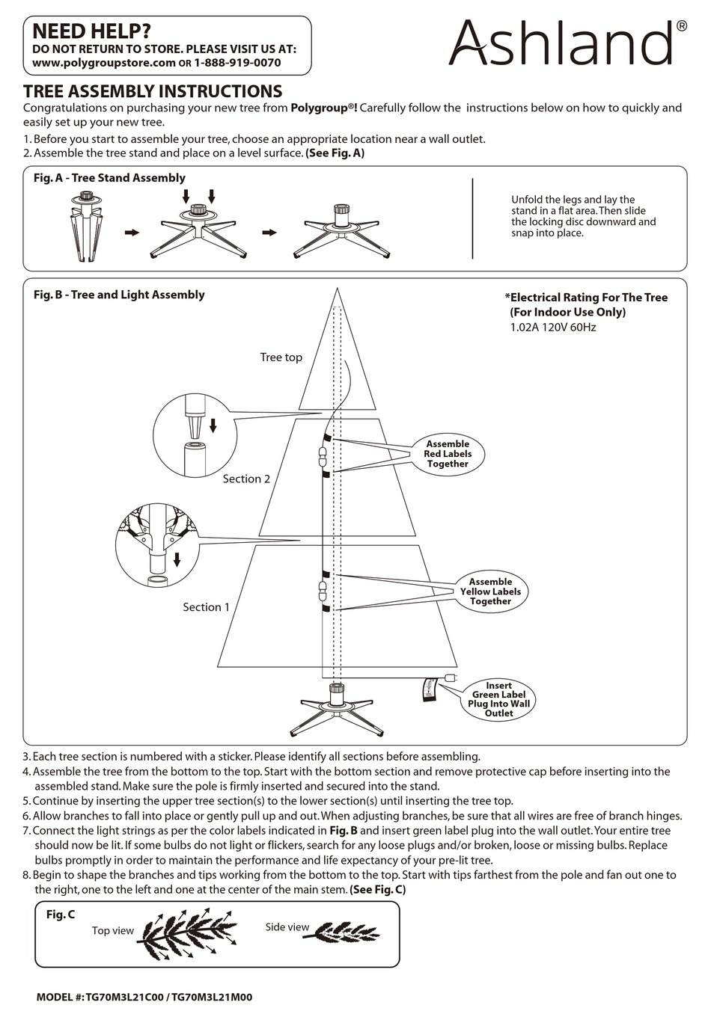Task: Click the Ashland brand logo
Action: coord(567,43)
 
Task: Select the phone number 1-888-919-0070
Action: coord(237,63)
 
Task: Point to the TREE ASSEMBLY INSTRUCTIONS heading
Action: coord(153,91)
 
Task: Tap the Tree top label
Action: coord(281,357)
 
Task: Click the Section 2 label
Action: coord(246,479)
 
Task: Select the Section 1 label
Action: coord(207,607)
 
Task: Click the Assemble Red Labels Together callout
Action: coord(448,454)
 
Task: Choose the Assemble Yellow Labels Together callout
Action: coord(490,592)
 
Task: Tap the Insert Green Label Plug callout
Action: coord(498,699)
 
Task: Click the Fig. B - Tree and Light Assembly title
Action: coord(119,295)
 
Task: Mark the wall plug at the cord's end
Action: coord(451,678)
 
